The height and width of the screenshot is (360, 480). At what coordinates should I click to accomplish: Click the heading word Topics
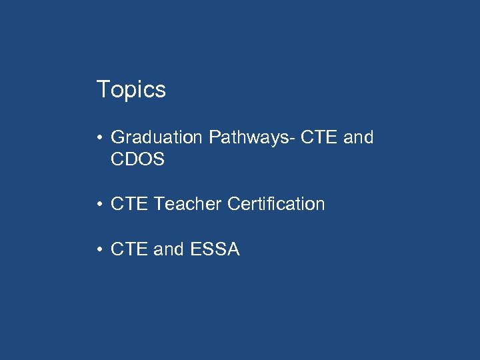[x=131, y=89]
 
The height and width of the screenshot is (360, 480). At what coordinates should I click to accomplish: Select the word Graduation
[x=156, y=138]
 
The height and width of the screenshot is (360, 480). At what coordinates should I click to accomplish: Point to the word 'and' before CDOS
[x=359, y=138]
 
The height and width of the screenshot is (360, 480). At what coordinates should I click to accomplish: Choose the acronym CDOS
[x=137, y=160]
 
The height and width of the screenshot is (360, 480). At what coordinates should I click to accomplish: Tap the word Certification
[x=276, y=204]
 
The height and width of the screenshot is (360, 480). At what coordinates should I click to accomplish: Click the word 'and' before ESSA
[x=168, y=250]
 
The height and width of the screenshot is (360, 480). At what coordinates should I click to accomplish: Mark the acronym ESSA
[x=215, y=250]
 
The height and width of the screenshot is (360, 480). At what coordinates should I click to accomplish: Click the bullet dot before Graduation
[x=98, y=139]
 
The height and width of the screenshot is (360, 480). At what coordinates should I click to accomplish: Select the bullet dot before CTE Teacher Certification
[x=98, y=205]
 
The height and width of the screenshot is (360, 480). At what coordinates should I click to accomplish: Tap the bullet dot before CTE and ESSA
[x=98, y=251]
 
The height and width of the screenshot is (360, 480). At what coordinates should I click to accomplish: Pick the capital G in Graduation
[x=118, y=138]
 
